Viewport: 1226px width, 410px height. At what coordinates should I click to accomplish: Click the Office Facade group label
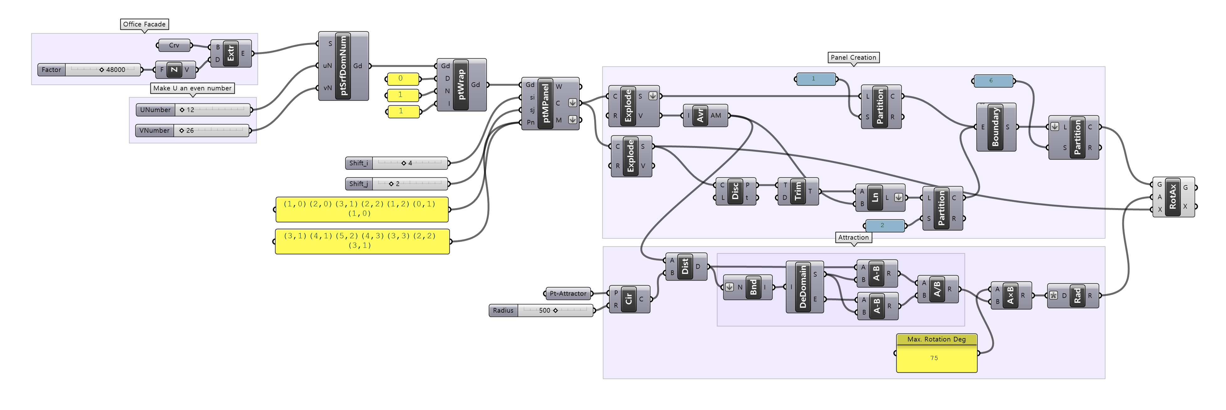pos(144,24)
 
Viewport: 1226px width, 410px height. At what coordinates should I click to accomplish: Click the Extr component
pos(231,53)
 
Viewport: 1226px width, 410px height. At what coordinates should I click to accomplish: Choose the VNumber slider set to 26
pos(192,130)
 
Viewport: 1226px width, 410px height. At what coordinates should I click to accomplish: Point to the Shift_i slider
pos(396,163)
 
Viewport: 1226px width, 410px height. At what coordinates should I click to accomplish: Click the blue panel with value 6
pos(993,81)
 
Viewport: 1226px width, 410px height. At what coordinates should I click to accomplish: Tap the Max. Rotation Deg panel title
pos(936,339)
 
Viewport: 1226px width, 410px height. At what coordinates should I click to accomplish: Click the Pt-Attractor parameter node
pos(568,294)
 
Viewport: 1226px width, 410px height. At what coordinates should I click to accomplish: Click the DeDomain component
pos(804,287)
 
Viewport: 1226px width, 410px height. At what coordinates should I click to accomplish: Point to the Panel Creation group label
pos(853,58)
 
